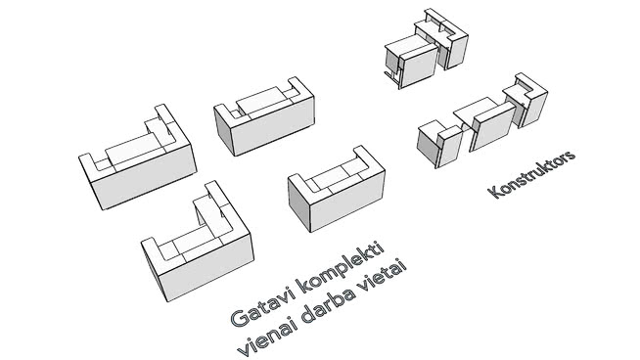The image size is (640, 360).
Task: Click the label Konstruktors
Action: coord(531,174)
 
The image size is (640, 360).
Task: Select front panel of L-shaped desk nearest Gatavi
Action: coord(206,267)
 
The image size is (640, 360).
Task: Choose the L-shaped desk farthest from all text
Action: coord(138,157)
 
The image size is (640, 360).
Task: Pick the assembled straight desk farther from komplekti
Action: coord(264,116)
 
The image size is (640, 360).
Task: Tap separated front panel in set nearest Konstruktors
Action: coord(492,126)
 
